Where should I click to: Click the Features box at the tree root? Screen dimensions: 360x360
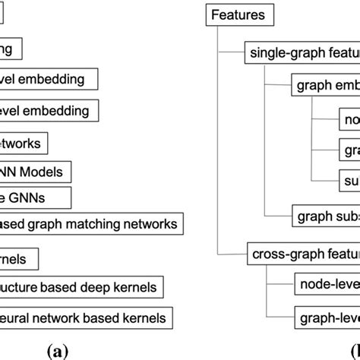(237, 14)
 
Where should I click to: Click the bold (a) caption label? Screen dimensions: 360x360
(57, 350)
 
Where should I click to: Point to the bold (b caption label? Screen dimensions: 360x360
(351, 350)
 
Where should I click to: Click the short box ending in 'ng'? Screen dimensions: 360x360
(11, 49)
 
